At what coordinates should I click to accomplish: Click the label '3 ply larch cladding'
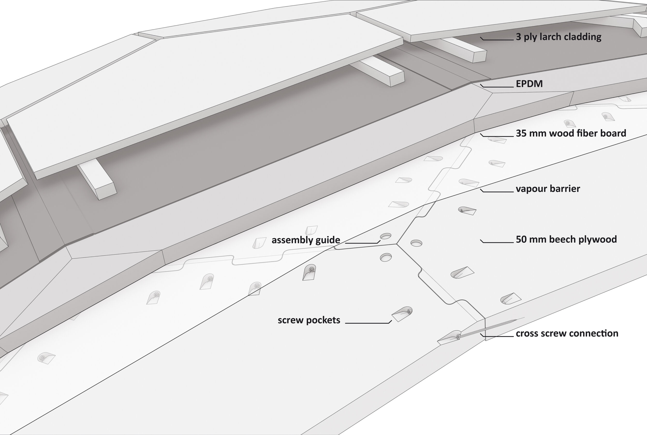click(x=558, y=37)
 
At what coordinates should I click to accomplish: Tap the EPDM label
click(x=529, y=84)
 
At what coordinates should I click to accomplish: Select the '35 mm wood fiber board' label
click(x=571, y=133)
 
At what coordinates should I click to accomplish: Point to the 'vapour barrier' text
click(x=548, y=189)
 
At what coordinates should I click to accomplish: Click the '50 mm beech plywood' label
click(x=566, y=239)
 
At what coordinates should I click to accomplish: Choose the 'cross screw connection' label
click(x=567, y=333)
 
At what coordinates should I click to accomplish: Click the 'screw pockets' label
click(x=309, y=320)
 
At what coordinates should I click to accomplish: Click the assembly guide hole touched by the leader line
click(x=386, y=236)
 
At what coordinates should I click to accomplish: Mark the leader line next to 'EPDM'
click(x=497, y=87)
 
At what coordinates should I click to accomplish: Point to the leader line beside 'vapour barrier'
click(x=497, y=192)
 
